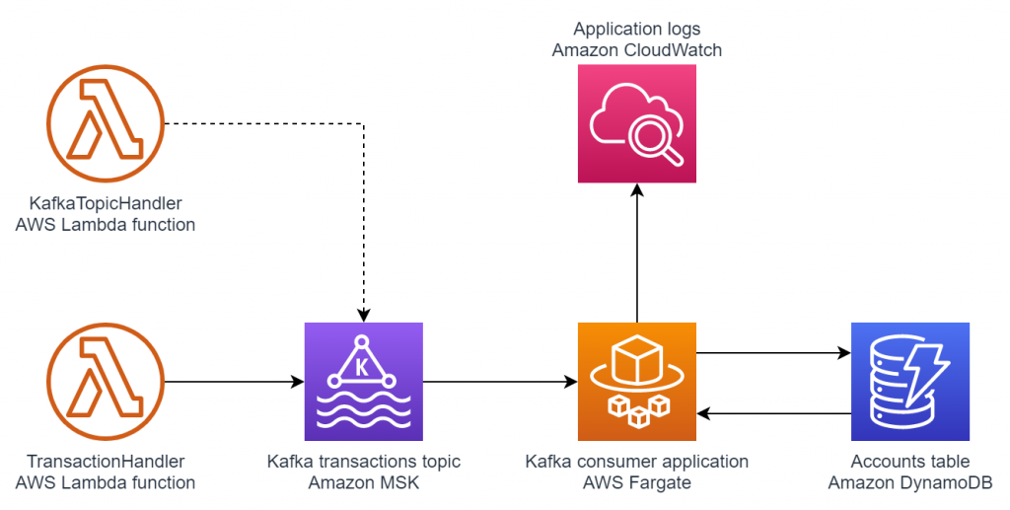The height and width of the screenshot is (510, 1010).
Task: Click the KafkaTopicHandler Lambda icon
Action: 105,125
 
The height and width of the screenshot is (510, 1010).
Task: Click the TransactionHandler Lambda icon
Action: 105,381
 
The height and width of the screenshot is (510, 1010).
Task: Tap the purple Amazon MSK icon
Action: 364,381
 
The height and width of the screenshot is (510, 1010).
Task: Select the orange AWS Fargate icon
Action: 637,381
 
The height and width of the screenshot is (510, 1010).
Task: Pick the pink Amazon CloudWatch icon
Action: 637,124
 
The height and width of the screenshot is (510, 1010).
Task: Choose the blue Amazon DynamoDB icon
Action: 910,381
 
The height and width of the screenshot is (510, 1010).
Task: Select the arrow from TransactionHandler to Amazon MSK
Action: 233,381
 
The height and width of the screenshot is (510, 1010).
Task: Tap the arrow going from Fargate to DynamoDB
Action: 773,351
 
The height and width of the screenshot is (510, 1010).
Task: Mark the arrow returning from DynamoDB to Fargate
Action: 773,412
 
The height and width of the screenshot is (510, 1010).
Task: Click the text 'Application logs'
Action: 636,29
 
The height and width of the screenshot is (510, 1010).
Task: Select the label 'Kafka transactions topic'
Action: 364,462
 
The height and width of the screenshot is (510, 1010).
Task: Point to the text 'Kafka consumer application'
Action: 637,462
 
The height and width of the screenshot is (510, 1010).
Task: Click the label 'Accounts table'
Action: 910,462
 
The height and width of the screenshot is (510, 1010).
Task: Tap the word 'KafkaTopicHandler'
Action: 106,204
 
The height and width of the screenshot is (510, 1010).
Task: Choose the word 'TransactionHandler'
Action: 106,462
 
